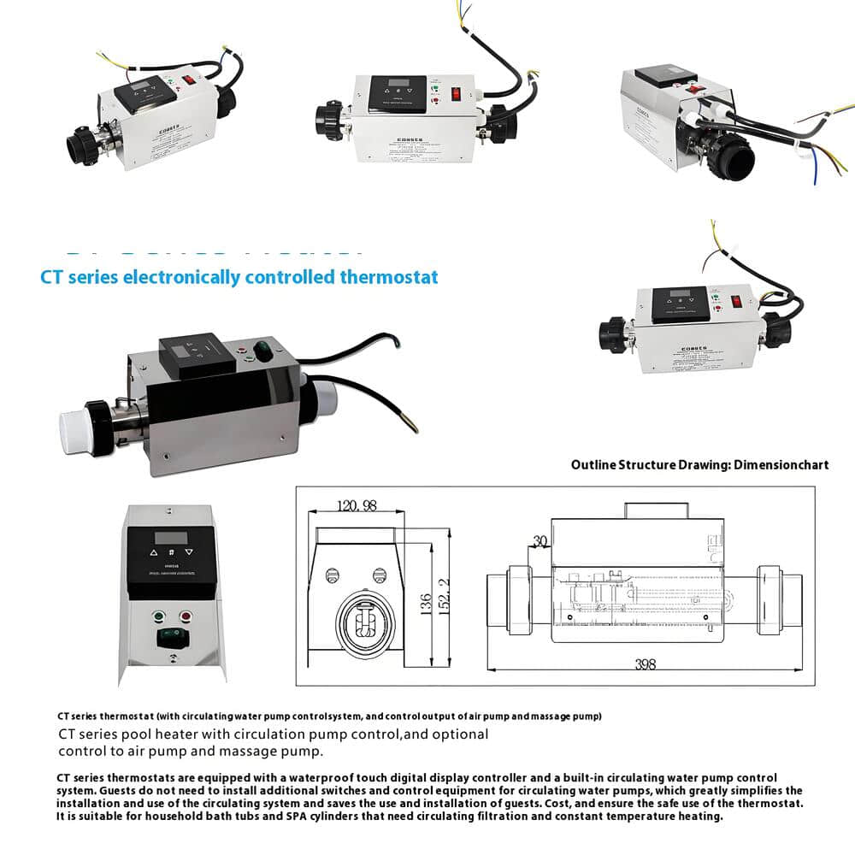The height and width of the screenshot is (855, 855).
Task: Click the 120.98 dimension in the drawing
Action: click(357, 506)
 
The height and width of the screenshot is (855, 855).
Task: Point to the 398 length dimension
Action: click(645, 664)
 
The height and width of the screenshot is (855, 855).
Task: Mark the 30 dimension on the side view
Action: click(539, 541)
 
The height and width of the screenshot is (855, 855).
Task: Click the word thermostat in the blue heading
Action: click(389, 277)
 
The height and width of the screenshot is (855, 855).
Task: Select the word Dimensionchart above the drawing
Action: click(787, 465)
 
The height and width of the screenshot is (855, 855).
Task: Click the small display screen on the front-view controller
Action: click(165, 539)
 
